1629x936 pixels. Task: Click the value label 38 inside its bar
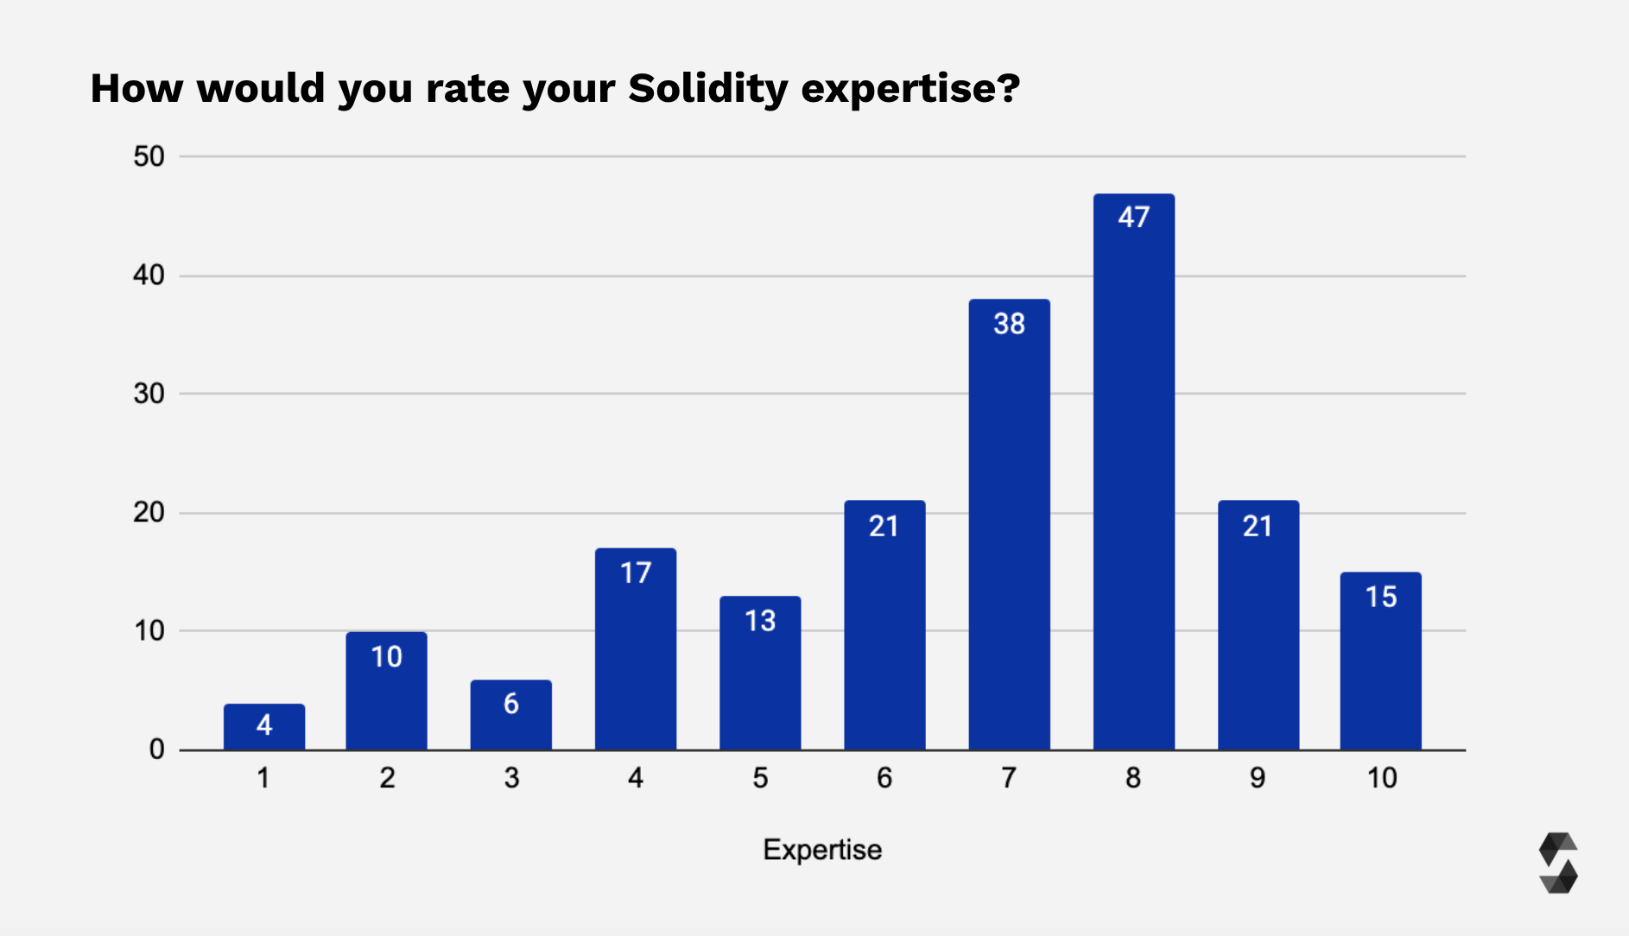point(1009,324)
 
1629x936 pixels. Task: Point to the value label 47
point(1133,217)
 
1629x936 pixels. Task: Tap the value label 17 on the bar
point(636,572)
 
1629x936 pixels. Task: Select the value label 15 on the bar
point(1380,597)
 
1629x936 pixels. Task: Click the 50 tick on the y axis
point(149,156)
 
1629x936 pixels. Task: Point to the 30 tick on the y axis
point(149,394)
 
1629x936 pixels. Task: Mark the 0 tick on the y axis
point(156,749)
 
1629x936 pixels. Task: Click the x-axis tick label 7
point(1008,778)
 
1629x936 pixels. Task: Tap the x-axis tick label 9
point(1258,778)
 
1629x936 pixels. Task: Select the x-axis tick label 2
point(387,778)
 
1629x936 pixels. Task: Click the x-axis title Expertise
point(822,850)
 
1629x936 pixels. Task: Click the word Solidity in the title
point(707,88)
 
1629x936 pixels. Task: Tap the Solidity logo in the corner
point(1558,863)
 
